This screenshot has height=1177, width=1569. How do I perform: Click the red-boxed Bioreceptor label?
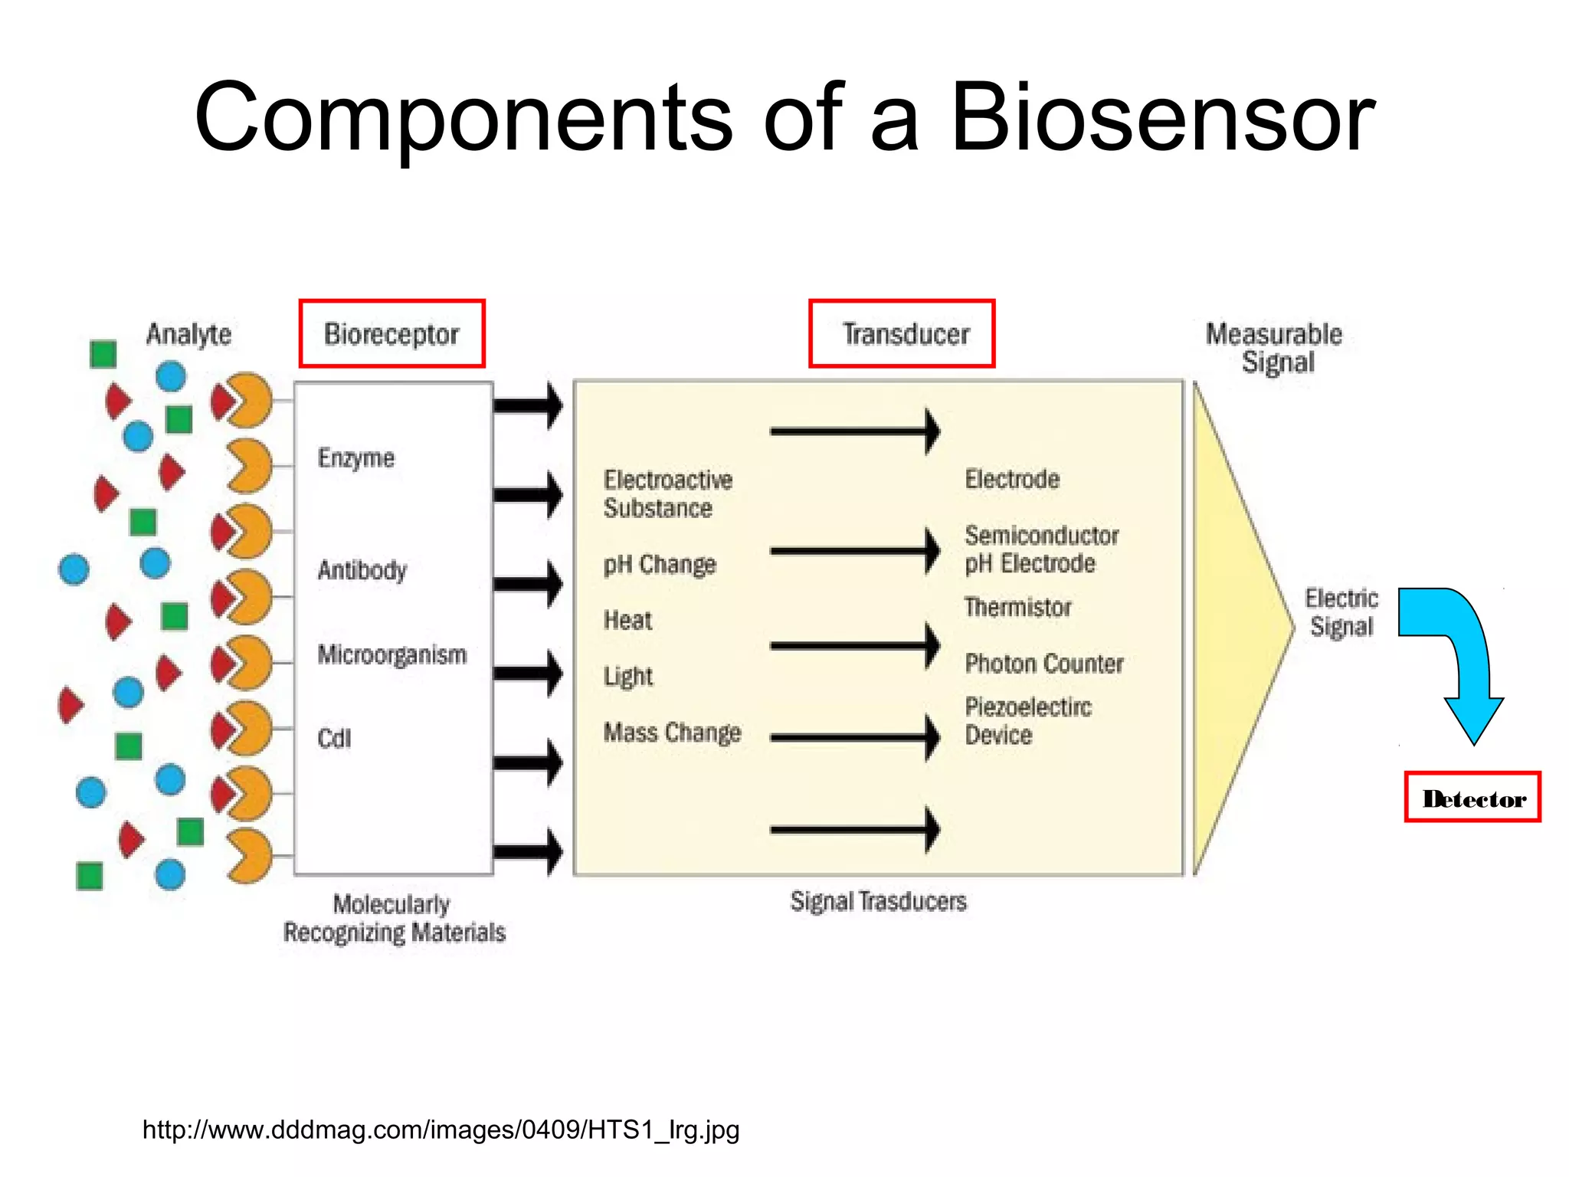pyautogui.click(x=391, y=334)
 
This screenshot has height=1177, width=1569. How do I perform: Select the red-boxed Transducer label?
pyautogui.click(x=902, y=334)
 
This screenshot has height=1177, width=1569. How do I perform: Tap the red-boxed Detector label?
pyautogui.click(x=1472, y=798)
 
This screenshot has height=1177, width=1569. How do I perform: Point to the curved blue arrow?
pyautogui.click(x=1456, y=651)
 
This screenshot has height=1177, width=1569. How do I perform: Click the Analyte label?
pyautogui.click(x=188, y=334)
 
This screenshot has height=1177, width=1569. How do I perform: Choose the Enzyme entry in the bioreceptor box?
pyautogui.click(x=356, y=458)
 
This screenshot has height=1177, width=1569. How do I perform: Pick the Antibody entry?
pyautogui.click(x=362, y=570)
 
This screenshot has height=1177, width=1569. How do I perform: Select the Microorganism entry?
pyautogui.click(x=391, y=655)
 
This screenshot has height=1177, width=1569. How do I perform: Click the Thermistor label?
pyautogui.click(x=1017, y=608)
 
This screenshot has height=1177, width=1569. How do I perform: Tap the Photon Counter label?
pyautogui.click(x=1043, y=664)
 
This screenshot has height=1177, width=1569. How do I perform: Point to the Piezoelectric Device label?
pyautogui.click(x=1027, y=721)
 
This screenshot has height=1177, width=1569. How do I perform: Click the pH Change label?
pyautogui.click(x=659, y=565)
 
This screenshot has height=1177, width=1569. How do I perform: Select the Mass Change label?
pyautogui.click(x=672, y=733)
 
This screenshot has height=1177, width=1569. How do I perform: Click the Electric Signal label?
pyautogui.click(x=1341, y=612)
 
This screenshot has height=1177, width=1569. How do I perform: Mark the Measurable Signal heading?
pyautogui.click(x=1274, y=348)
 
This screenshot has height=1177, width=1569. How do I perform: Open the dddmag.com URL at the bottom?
pyautogui.click(x=441, y=1129)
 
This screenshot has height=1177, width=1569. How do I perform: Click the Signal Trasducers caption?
pyautogui.click(x=878, y=901)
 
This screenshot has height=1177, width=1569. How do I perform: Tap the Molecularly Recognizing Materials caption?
pyautogui.click(x=394, y=918)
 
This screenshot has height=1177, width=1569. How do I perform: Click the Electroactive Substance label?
pyautogui.click(x=667, y=494)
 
